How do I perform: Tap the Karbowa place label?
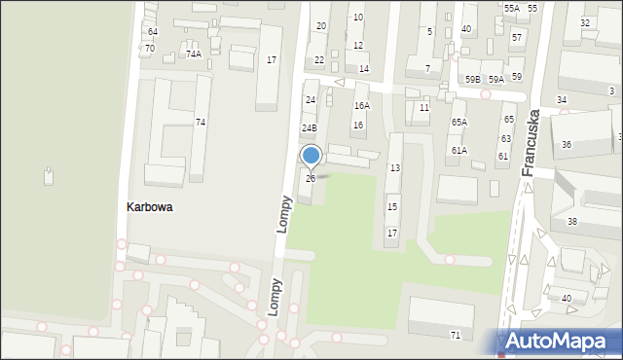point(150,207)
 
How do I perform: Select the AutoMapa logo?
point(560,342)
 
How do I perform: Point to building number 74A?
point(194,54)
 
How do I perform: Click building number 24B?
point(309,128)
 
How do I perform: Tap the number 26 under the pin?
point(311,178)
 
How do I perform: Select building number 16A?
point(361,106)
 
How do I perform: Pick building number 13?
point(394,168)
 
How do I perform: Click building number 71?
point(455,335)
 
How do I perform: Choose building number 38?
point(572,222)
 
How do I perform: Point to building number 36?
point(567,144)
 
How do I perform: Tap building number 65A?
point(458,123)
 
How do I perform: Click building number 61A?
point(458,151)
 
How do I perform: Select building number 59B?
point(472,80)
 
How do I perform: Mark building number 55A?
point(511,8)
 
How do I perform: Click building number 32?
point(584,22)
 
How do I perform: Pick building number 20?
point(321,26)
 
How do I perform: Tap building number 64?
point(153,32)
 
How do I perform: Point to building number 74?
point(201,123)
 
